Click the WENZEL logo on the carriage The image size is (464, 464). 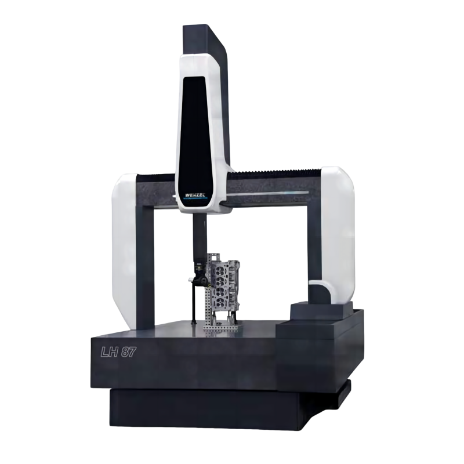click(x=195, y=195)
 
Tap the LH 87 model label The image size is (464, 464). click(x=118, y=352)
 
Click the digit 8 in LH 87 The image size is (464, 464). click(x=125, y=352)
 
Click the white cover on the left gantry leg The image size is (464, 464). click(x=124, y=252)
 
